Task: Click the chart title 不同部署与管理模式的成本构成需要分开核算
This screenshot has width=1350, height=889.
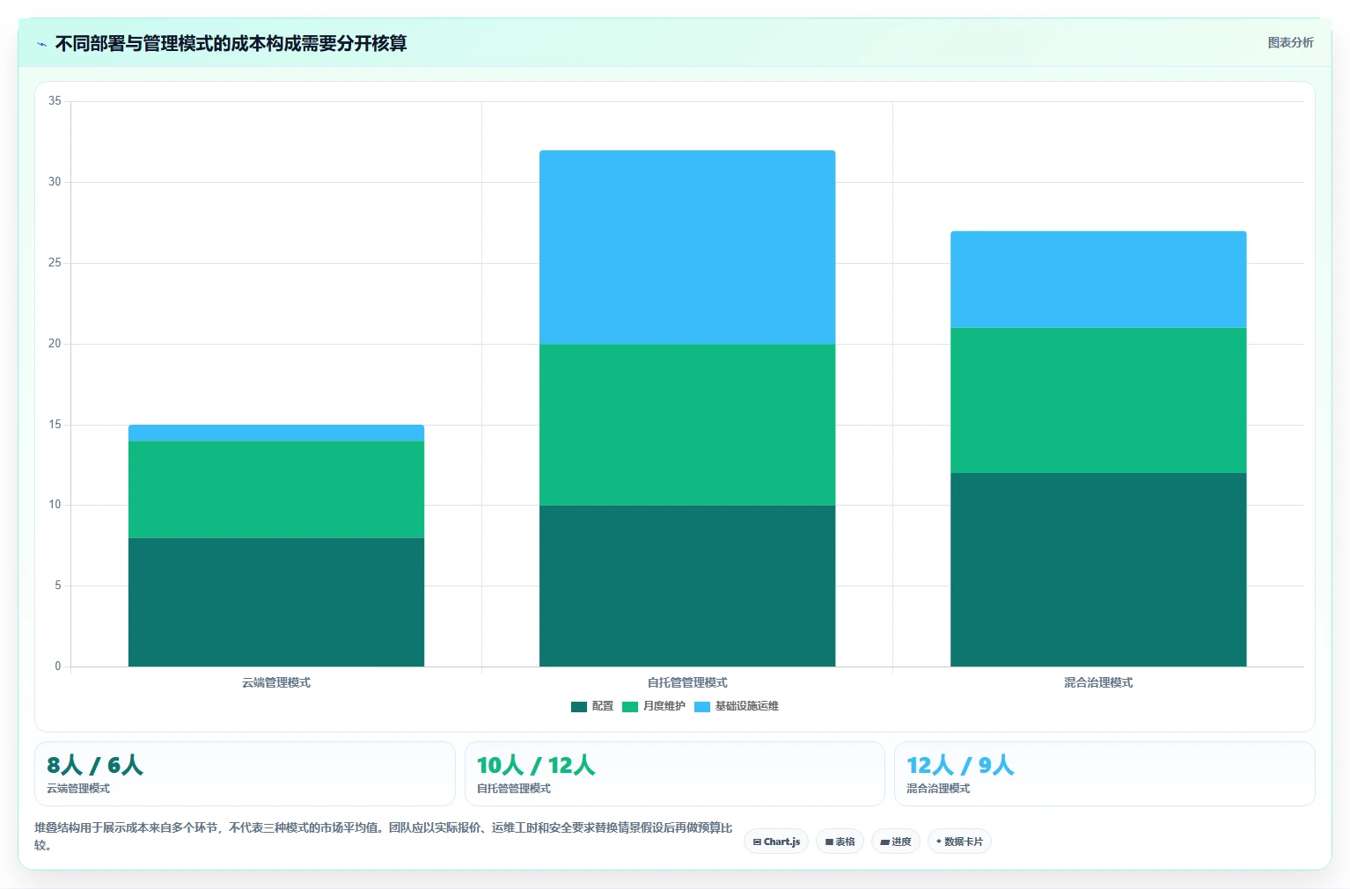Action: click(x=231, y=43)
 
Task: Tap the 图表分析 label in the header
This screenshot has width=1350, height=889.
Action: click(x=1290, y=43)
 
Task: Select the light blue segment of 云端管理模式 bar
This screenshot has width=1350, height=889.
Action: click(x=276, y=433)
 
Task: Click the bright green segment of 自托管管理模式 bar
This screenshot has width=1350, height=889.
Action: click(x=687, y=425)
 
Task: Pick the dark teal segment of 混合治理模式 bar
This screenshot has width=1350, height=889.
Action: click(x=1098, y=570)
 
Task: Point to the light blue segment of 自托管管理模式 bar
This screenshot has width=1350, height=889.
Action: click(x=687, y=248)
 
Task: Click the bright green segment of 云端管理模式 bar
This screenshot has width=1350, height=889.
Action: click(x=276, y=490)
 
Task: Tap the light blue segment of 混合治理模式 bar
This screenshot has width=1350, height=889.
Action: click(x=1098, y=280)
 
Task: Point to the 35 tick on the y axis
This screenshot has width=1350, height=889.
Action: click(x=55, y=100)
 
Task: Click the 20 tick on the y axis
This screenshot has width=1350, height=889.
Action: click(x=55, y=343)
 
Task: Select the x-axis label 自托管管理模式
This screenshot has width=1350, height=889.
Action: click(x=687, y=682)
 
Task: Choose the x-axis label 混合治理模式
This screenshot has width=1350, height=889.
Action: click(x=1098, y=682)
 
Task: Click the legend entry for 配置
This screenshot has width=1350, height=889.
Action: click(x=591, y=706)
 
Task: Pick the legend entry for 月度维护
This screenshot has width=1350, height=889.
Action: click(x=653, y=706)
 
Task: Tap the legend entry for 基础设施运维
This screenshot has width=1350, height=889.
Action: click(x=737, y=706)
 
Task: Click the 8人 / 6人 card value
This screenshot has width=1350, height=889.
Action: click(x=95, y=766)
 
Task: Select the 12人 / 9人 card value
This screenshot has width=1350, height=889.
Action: click(x=960, y=766)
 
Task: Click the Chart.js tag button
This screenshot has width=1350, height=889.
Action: click(x=776, y=842)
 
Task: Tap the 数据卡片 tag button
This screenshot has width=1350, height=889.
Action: click(x=959, y=842)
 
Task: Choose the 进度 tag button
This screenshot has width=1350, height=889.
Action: click(x=896, y=842)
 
